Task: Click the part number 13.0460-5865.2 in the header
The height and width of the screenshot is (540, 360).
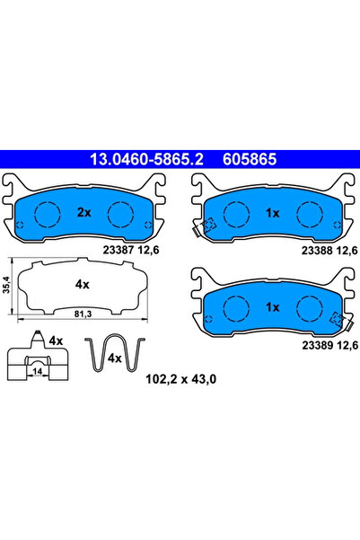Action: pyautogui.click(x=141, y=161)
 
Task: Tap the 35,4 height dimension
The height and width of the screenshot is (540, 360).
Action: pyautogui.click(x=9, y=286)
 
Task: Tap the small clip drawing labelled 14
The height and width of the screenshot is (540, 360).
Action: pyautogui.click(x=40, y=363)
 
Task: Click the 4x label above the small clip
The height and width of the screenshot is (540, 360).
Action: pyautogui.click(x=56, y=341)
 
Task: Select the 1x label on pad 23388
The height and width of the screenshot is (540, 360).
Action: pyautogui.click(x=271, y=212)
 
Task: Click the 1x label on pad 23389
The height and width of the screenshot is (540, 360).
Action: pyautogui.click(x=271, y=306)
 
